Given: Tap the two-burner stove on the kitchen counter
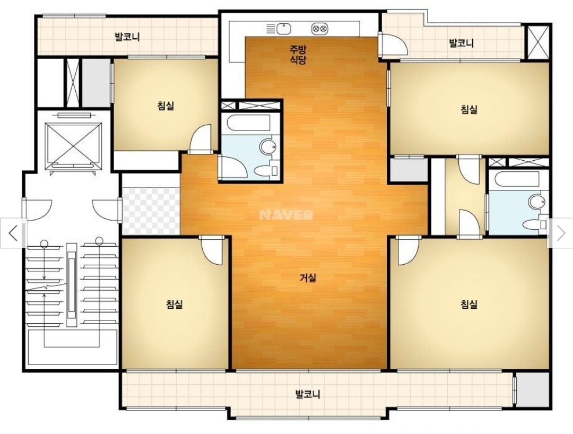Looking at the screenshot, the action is click(319, 29).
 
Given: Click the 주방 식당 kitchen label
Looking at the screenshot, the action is click(298, 55).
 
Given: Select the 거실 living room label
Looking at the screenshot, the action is click(308, 278).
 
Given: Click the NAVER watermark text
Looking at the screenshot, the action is click(286, 215).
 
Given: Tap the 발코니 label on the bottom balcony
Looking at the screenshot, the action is click(308, 394).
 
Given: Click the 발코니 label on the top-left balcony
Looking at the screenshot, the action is click(127, 37).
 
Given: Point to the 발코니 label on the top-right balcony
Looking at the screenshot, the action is click(461, 43).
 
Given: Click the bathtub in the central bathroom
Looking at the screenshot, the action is click(248, 123).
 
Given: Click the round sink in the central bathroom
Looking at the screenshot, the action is click(268, 147).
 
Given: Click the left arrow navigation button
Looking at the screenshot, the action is click(13, 233).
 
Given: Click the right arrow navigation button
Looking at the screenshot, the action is click(561, 233).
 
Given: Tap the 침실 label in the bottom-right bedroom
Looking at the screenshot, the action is click(469, 304).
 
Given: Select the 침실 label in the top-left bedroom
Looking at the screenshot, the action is click(166, 106).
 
